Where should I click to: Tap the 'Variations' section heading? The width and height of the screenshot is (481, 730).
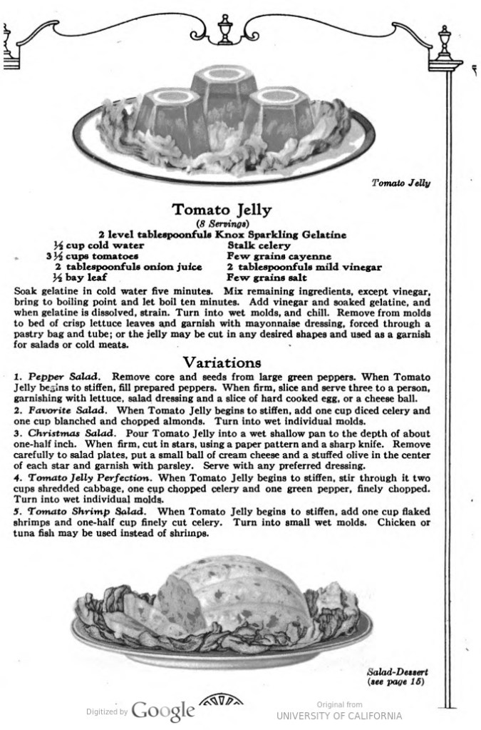coord(222,362)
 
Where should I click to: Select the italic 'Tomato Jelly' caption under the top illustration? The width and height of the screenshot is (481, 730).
coord(401,183)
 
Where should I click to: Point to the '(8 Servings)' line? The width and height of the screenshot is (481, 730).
coord(222,223)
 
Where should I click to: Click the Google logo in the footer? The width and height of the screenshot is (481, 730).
coord(163,711)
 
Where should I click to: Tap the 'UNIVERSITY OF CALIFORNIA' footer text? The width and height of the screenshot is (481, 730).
coord(339,716)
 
